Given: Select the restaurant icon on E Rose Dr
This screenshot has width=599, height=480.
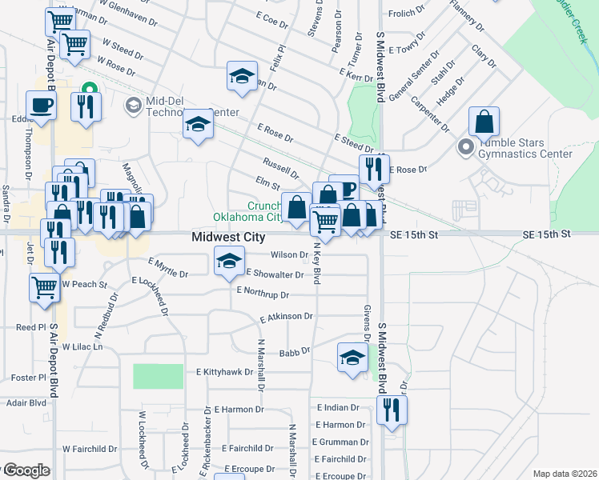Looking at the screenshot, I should pyautogui.click(x=374, y=169).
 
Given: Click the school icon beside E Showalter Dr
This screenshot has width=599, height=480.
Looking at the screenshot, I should pyautogui.click(x=229, y=262).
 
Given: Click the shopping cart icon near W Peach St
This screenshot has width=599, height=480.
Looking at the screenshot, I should pyautogui.click(x=45, y=288).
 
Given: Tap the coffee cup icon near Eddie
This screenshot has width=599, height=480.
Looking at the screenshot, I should pyautogui.click(x=41, y=105).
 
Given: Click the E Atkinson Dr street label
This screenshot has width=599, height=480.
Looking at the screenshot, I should pyautogui.click(x=286, y=318).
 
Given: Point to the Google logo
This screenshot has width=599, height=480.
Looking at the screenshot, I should pyautogui.click(x=26, y=470).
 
